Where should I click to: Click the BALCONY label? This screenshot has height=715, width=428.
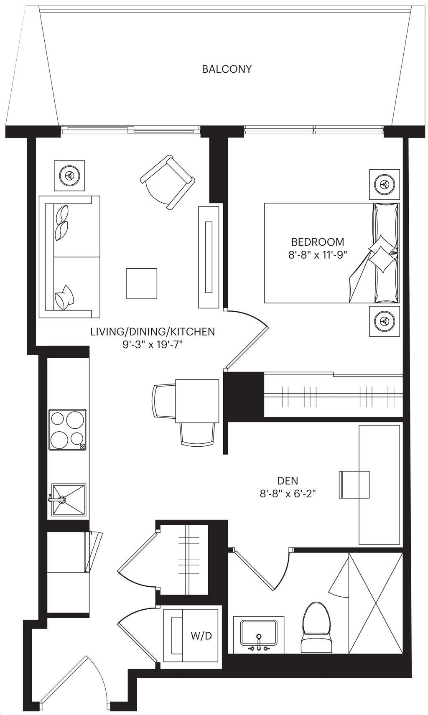click(x=227, y=69)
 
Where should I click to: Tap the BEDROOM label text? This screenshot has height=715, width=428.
click(x=318, y=242)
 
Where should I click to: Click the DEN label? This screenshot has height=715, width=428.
click(x=288, y=481)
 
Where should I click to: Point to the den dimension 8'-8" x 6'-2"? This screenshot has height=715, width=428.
click(x=288, y=494)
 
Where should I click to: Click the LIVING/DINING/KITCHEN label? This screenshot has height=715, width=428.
click(x=153, y=332)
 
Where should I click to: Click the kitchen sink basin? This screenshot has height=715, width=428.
click(x=69, y=501)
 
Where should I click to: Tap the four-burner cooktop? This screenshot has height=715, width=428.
click(x=67, y=429)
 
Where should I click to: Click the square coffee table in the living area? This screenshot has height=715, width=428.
click(x=142, y=283)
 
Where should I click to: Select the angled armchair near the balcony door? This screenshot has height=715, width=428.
click(x=168, y=182)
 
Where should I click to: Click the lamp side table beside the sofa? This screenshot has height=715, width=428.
click(x=69, y=176)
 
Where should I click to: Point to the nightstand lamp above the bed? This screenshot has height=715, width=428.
click(x=385, y=184)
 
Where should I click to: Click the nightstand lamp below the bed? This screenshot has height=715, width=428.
click(x=385, y=321)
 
